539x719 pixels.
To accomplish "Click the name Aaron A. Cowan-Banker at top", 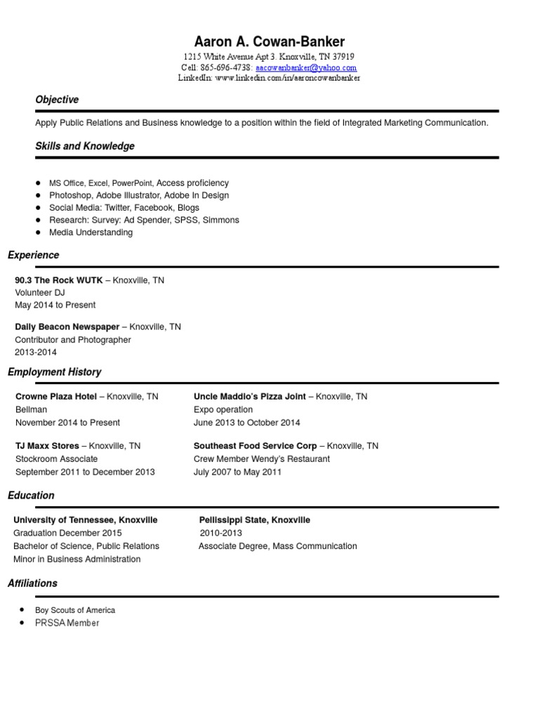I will pyautogui.click(x=269, y=41).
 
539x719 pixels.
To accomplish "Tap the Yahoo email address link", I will pyautogui.click(x=306, y=68).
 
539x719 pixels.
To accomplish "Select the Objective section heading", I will pyautogui.click(x=57, y=100).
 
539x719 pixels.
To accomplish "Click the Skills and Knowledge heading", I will pyautogui.click(x=85, y=146).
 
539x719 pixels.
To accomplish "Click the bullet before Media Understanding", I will pyautogui.click(x=38, y=232).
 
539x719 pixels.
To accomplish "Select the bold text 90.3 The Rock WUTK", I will pyautogui.click(x=59, y=280).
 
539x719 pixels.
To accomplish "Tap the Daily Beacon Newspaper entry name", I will pyautogui.click(x=67, y=327).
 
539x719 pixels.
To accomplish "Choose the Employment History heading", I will pyautogui.click(x=55, y=372).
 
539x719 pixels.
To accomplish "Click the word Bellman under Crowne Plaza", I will pyautogui.click(x=32, y=409).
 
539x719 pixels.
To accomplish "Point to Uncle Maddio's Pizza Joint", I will pyautogui.click(x=250, y=397).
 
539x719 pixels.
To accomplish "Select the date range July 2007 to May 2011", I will pyautogui.click(x=237, y=472).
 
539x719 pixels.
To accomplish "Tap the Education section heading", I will pyautogui.click(x=31, y=496).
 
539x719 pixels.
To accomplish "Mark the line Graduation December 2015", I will pyautogui.click(x=67, y=533).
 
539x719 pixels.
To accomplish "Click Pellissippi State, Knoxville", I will pyautogui.click(x=255, y=520).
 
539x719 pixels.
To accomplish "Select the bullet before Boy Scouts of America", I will pyautogui.click(x=23, y=609).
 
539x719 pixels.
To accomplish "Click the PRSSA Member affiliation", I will pyautogui.click(x=67, y=623).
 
